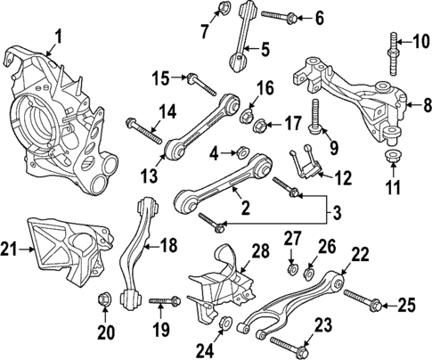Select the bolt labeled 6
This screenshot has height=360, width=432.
[273, 15]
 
